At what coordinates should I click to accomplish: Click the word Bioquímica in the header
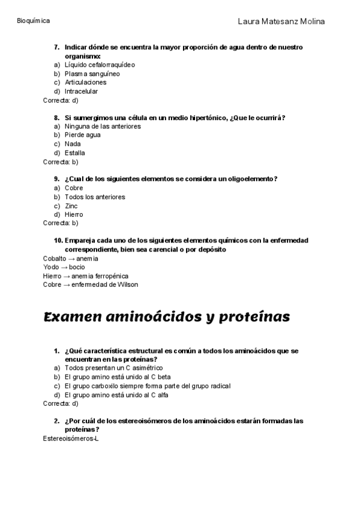coord(34,20)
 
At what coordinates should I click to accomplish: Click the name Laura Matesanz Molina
coord(281,22)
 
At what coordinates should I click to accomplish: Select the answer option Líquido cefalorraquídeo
coord(100,64)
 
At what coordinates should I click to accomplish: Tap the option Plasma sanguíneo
coord(92,73)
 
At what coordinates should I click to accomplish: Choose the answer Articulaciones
coord(86,82)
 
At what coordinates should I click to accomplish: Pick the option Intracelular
coord(81,91)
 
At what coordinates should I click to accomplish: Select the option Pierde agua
coord(83,135)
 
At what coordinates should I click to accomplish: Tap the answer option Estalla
coord(74,152)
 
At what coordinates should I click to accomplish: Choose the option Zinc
coord(71,205)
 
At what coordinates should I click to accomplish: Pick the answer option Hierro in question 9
coord(74,214)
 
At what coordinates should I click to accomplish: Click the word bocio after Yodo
coord(77,267)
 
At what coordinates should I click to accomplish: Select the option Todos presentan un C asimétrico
coord(113,368)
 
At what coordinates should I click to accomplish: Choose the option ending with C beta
coord(117,377)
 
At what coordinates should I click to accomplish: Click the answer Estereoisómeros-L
coord(71,439)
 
